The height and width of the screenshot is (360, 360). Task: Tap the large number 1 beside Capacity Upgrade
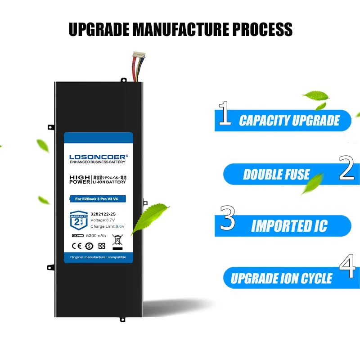pos(225,113)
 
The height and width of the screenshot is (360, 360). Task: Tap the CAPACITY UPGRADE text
pos(289,121)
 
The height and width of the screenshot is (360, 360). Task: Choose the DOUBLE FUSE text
pos(276,175)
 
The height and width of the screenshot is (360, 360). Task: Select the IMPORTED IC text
pos(289,226)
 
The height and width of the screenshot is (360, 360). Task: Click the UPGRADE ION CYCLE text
pos(282,279)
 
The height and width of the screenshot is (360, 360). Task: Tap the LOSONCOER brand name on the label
pos(99,157)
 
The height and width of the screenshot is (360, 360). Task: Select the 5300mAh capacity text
pos(95,235)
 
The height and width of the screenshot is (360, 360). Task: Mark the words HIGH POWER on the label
pos(80,179)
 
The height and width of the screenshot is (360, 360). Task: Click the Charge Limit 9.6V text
pos(107,226)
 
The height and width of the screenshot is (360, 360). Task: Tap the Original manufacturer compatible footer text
pos(98,257)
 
